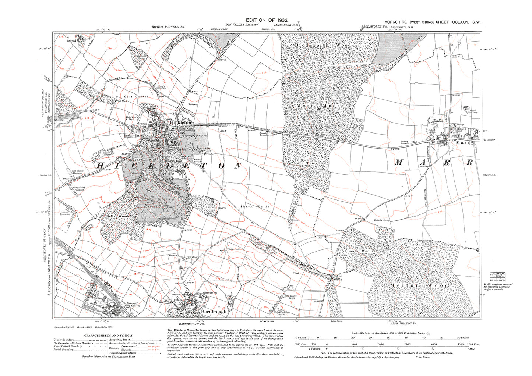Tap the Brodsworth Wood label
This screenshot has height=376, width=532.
pyautogui.click(x=323, y=45)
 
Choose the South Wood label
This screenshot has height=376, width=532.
pyautogui.click(x=360, y=251)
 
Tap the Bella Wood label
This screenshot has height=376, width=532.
pyautogui.click(x=117, y=216)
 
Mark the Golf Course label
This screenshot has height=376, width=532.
pyautogui.click(x=139, y=97)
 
